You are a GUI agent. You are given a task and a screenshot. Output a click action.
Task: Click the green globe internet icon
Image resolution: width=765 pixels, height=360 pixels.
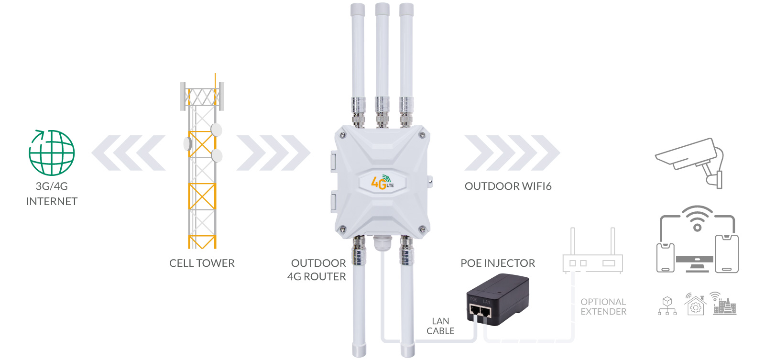coord(52,153)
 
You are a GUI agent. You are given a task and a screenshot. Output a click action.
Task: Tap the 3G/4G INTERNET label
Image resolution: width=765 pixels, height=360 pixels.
coord(52,194)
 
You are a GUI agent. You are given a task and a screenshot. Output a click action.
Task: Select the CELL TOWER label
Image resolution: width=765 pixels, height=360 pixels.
coord(202,263)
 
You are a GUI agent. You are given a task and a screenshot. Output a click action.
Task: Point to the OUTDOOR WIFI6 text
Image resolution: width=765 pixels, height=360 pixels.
coord(508,186)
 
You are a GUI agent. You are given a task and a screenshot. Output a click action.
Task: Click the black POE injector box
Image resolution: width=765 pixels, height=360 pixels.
coord(498,300)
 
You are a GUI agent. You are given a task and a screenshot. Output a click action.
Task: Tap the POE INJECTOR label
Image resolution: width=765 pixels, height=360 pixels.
coord(498,263)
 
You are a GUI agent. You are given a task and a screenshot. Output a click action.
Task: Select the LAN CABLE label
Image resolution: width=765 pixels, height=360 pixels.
coord(440,326)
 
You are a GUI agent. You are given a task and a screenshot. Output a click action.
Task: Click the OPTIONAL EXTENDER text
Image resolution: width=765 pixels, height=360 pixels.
coord(603,307)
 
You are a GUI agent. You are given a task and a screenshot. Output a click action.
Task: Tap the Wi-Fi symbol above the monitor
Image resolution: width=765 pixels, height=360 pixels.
coord(697,218)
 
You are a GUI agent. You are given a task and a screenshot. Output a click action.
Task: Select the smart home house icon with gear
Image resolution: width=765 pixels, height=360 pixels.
coord(696,305)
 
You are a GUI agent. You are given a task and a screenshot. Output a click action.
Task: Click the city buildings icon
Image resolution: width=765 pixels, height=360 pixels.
coord(724,304)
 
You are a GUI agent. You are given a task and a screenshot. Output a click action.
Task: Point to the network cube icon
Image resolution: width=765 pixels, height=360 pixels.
coord(667,306)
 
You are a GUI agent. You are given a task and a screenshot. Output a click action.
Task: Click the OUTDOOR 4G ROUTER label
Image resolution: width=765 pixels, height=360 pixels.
coord(317,270)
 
